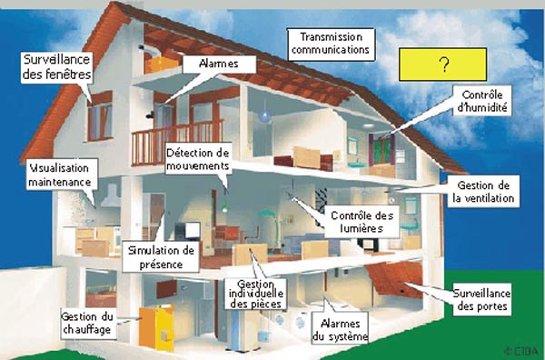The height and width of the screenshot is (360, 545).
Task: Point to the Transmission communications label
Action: click(330, 43)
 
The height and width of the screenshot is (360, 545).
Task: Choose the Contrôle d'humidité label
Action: click(482, 100)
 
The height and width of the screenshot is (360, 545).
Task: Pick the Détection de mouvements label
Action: click(198, 160)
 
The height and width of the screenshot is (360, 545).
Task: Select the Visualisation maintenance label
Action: click(60, 175)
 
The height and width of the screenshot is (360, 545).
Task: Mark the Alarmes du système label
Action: click(340, 330)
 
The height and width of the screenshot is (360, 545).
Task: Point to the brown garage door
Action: click(399, 279)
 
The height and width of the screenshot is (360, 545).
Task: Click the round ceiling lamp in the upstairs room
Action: click(263, 117)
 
